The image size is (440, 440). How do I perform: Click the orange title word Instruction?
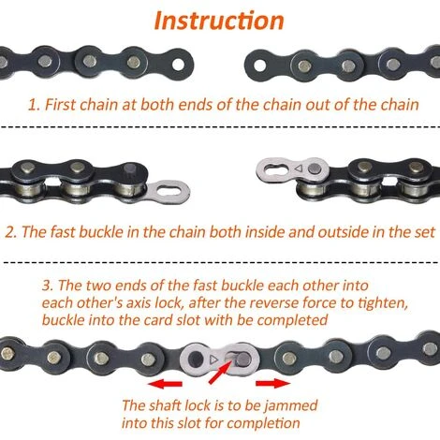(219, 21)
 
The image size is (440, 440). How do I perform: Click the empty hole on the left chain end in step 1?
(178, 65)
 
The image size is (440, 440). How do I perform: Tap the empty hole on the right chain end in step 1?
(260, 66)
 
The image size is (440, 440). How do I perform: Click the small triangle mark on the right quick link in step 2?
(299, 169)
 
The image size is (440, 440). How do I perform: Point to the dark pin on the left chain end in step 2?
(129, 170)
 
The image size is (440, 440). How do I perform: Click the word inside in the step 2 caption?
(265, 232)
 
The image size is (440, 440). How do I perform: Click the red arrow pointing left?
(165, 384)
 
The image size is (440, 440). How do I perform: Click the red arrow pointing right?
(273, 383)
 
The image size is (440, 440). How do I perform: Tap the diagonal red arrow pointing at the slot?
(220, 372)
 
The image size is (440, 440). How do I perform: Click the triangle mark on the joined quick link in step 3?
(213, 359)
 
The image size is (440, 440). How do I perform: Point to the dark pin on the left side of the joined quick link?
(197, 359)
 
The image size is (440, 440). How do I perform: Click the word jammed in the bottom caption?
(290, 406)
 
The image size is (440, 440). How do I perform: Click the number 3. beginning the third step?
(48, 286)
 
